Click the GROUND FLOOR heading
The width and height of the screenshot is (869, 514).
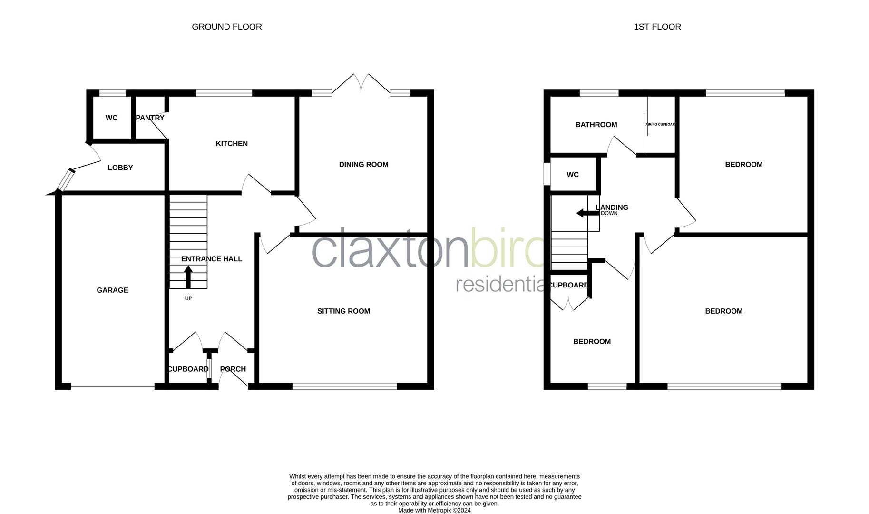pos(226,27)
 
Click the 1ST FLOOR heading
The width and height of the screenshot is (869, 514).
pos(657,27)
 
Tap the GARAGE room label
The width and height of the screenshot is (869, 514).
pos(112,290)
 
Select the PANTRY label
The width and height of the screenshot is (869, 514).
pos(150,118)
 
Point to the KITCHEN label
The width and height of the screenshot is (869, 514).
pos(232,143)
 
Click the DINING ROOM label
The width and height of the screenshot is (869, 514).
pos(363,164)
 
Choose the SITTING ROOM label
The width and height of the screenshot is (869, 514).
pos(343,311)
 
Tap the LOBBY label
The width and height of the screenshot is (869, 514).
pos(120,168)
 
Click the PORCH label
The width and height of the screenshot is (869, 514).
pos(233,369)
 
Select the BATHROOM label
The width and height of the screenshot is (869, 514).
pos(596,124)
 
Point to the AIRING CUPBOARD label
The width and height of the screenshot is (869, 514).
pos(660,124)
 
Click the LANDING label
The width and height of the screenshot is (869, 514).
pos(612,207)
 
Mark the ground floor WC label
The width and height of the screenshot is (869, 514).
pos(111,118)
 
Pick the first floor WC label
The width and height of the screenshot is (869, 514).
pos(573,175)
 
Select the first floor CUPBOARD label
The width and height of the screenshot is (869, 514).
pos(568,285)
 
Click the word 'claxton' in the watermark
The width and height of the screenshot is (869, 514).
pos(390,250)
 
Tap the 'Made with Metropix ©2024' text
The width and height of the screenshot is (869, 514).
pos(434,510)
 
